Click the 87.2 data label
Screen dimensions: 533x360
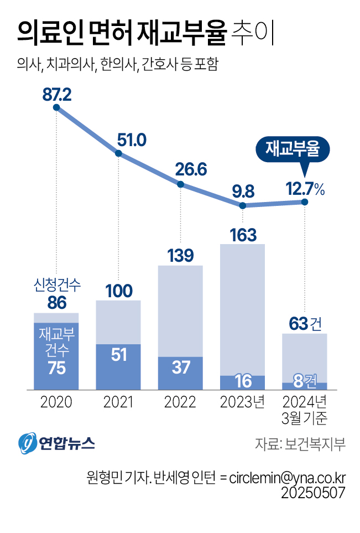57,94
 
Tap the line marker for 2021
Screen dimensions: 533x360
118,154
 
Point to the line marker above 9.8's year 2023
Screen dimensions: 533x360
242,205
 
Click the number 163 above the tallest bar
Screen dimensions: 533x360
243,235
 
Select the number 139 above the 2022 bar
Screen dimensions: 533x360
180,256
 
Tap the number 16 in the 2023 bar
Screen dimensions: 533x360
243,381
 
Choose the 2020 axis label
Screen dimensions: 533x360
56,402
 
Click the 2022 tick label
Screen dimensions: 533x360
180,402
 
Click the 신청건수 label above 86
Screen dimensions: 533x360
56,286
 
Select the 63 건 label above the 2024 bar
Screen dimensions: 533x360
305,324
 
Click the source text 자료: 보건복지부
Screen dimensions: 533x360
300,444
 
